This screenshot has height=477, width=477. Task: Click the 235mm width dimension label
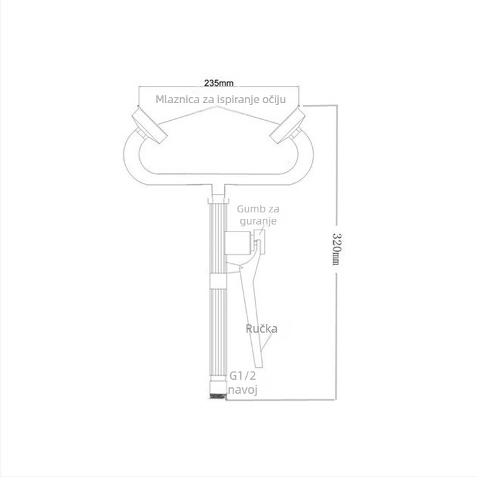pyautogui.click(x=218, y=83)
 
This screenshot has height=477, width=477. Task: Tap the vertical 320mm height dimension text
pyautogui.click(x=336, y=249)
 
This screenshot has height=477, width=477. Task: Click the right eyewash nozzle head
pyautogui.click(x=287, y=127)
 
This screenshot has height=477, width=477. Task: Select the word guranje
pyautogui.click(x=258, y=221)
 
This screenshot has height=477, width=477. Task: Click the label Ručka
pyautogui.click(x=261, y=329)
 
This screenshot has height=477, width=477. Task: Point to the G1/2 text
pyautogui.click(x=242, y=376)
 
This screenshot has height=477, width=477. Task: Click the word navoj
pyautogui.click(x=242, y=390)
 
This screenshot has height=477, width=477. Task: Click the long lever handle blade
pyautogui.click(x=252, y=316)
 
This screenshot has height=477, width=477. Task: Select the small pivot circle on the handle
pyautogui.click(x=241, y=268)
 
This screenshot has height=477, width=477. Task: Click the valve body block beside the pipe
pyautogui.click(x=238, y=243)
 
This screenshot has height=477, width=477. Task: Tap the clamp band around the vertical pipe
pyautogui.click(x=218, y=281)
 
